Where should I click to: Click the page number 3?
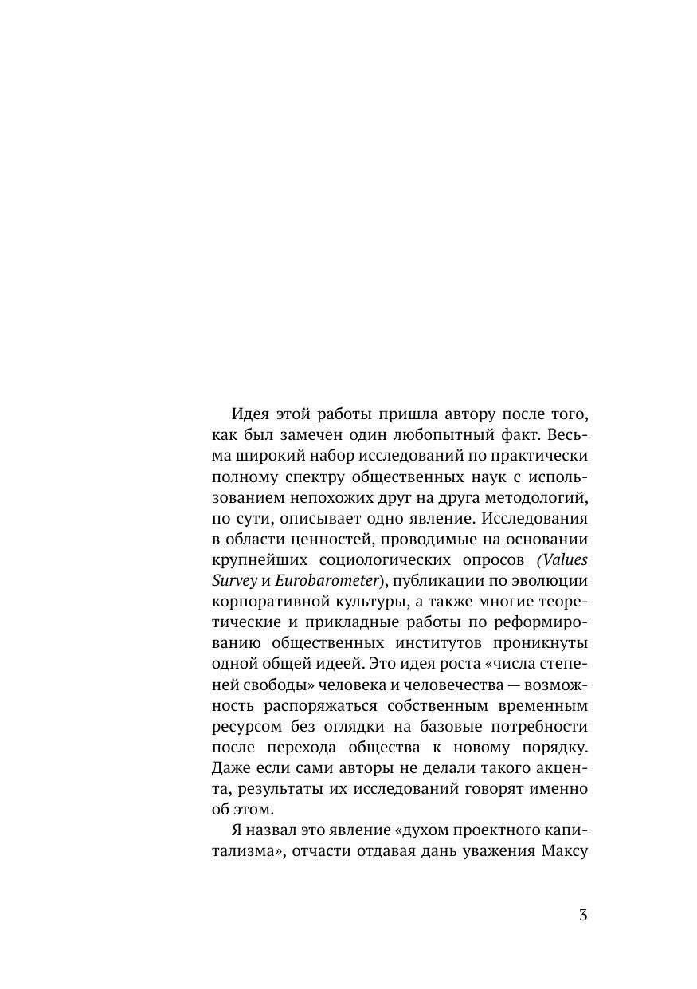pos(583,915)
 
